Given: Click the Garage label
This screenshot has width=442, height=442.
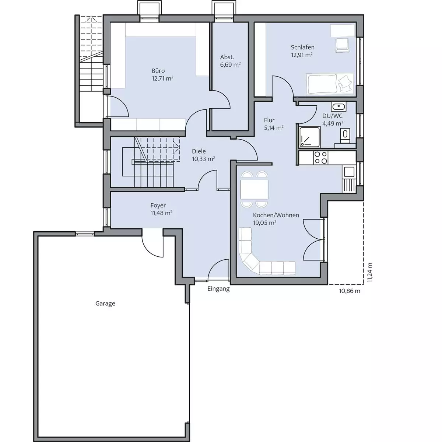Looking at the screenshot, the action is pos(105,304).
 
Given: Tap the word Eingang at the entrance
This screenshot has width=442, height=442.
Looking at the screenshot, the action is pos(218,289).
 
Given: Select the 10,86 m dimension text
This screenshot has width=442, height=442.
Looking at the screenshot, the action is pos(350,291).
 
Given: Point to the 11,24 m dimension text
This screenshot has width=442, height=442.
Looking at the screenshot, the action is pos(369,273).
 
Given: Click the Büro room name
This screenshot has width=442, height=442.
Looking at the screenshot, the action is pos(158,71).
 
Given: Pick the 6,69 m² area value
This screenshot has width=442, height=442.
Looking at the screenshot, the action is pos(230,65).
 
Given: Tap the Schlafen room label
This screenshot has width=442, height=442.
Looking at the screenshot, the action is pos(302,47).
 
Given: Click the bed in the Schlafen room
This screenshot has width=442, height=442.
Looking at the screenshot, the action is pos(330,84).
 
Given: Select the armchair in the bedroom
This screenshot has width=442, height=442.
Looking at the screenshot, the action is pos(342,45).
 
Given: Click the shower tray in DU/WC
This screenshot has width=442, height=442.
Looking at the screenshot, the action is pos(310,137).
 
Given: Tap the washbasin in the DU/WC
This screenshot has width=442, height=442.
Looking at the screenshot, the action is pos(338,106).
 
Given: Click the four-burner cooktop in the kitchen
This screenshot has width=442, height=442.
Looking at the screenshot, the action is pos(321,158).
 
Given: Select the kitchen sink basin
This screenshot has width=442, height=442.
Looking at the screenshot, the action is pos(349,172).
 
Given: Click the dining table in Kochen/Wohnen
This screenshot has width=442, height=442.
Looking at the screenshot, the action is pos(254,189).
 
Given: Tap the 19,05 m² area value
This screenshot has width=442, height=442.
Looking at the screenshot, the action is pos(264,222).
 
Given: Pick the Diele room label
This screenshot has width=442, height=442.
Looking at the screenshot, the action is pos(199,151).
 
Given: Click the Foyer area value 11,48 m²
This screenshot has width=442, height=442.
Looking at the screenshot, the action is pos(161,213).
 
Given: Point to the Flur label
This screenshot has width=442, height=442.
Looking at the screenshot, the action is pos(269,120).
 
